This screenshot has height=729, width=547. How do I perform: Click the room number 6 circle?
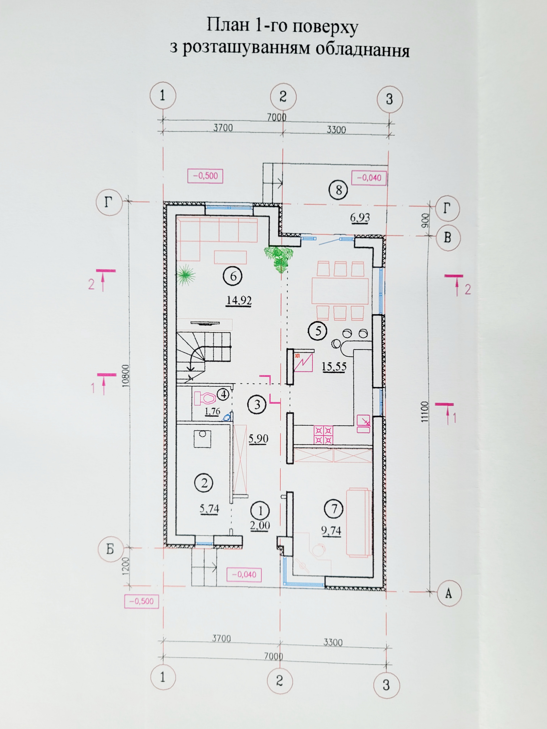point(233,276)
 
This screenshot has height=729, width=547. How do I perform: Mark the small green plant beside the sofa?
point(186,274)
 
